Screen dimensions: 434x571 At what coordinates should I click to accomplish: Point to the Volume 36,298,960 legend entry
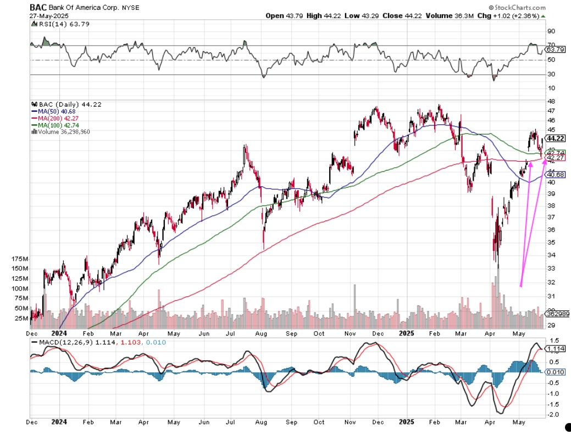pyautogui.click(x=62, y=131)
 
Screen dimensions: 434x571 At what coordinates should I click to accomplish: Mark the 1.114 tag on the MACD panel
pyautogui.click(x=557, y=349)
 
